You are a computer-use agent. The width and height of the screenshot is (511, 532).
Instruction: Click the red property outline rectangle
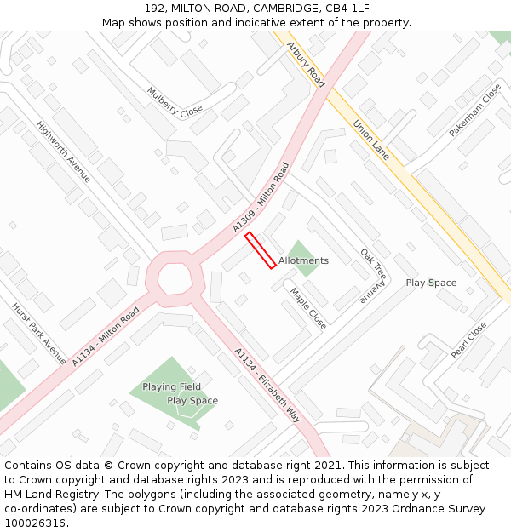click(x=261, y=250)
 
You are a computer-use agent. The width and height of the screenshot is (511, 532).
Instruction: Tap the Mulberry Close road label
click(x=175, y=102)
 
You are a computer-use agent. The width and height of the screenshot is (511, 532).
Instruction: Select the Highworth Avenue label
click(x=63, y=152)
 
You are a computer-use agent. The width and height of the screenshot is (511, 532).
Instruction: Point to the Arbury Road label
click(x=306, y=65)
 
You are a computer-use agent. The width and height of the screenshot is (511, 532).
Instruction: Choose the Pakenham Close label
click(x=475, y=110)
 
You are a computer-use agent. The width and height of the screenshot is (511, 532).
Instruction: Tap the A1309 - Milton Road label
click(x=261, y=197)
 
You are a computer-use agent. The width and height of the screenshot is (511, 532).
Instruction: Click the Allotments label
click(x=303, y=260)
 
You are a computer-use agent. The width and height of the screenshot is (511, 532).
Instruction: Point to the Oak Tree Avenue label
click(x=373, y=276)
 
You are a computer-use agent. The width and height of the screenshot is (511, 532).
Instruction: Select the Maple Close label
click(x=308, y=308)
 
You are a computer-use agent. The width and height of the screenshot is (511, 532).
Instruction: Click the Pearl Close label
click(x=468, y=339)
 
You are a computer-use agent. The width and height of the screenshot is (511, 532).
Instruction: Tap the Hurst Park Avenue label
click(x=38, y=333)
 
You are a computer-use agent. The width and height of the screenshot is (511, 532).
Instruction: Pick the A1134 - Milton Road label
click(x=106, y=337)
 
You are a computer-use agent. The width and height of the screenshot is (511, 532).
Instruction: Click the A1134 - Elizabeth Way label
click(x=267, y=385)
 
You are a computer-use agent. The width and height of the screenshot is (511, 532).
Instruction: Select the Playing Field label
click(x=171, y=387)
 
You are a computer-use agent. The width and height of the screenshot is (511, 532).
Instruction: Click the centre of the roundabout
click(x=174, y=279)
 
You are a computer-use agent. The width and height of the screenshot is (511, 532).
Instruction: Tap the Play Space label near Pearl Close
click(x=431, y=283)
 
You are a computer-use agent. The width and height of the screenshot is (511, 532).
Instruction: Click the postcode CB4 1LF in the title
click(x=347, y=9)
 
